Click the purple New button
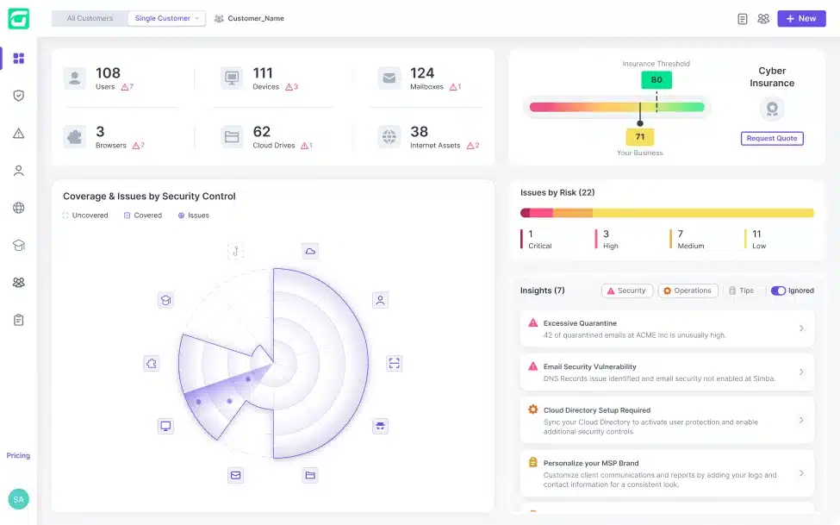pyautogui.click(x=801, y=18)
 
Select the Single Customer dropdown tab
pyautogui.click(x=166, y=18)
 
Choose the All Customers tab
pyautogui.click(x=90, y=18)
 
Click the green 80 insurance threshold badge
pyautogui.click(x=656, y=80)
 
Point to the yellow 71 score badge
pyautogui.click(x=639, y=137)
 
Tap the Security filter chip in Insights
pyautogui.click(x=627, y=291)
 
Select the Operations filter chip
pyautogui.click(x=688, y=291)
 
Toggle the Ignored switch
pyautogui.click(x=778, y=291)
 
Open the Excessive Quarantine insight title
pyautogui.click(x=580, y=323)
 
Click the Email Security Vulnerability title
pyautogui.click(x=590, y=366)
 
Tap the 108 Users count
pyautogui.click(x=108, y=73)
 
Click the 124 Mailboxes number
pyautogui.click(x=422, y=73)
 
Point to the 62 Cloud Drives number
pyautogui.click(x=261, y=131)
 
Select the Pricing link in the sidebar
pyautogui.click(x=18, y=455)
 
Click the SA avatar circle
pyautogui.click(x=19, y=499)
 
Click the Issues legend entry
pyautogui.click(x=193, y=216)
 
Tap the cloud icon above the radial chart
pyautogui.click(x=310, y=251)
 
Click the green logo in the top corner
pyautogui.click(x=19, y=19)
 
